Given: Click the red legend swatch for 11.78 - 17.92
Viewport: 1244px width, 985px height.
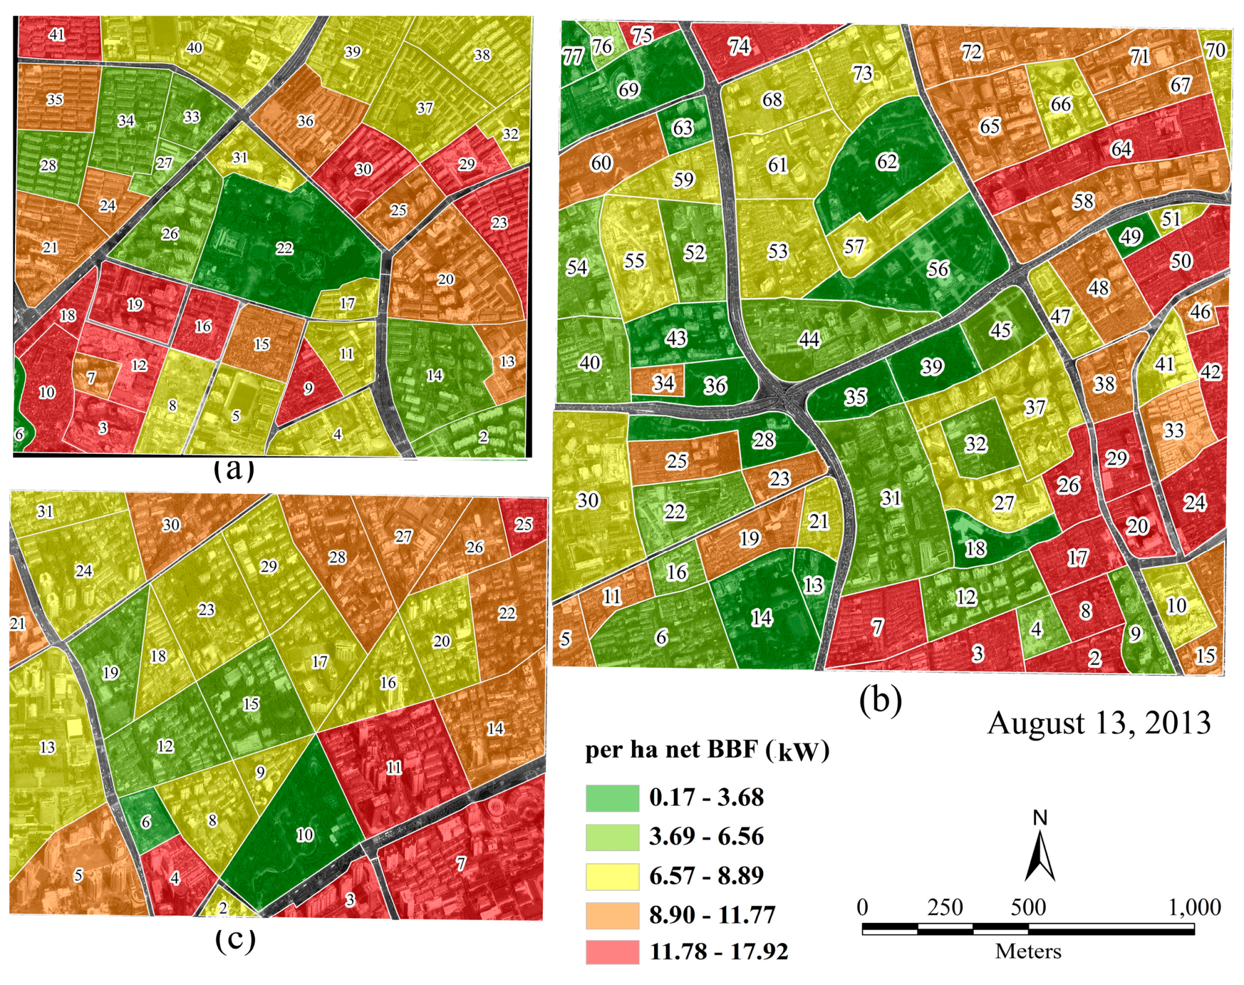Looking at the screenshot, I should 612,952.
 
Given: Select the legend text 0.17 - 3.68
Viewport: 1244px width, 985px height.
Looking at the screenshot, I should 706,797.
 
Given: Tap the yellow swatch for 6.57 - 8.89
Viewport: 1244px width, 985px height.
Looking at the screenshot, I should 612,876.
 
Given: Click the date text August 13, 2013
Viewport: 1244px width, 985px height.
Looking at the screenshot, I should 1098,723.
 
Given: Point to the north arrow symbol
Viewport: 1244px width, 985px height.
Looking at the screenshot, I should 1040,852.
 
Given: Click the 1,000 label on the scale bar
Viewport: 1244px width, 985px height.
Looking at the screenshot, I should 1194,908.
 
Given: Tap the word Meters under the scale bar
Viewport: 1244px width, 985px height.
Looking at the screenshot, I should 1028,952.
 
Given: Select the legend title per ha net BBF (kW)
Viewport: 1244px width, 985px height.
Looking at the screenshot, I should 706,750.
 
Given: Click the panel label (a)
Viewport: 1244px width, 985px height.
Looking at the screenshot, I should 234,469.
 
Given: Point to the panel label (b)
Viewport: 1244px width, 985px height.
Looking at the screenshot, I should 880,700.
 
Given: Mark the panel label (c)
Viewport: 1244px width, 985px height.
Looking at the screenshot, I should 235,940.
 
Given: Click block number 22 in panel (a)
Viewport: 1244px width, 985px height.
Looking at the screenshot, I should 284,249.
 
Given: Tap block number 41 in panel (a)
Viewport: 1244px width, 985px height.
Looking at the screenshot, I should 57,34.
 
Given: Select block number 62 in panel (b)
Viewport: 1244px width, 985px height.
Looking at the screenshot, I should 887,162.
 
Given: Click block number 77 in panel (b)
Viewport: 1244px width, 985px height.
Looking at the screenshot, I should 572,57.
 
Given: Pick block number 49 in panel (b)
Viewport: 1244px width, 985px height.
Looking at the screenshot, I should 1131,236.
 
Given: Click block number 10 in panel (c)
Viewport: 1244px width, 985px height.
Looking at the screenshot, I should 304,834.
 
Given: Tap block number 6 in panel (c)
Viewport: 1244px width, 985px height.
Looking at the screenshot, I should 146,822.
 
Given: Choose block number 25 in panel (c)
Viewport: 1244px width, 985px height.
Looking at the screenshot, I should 523,524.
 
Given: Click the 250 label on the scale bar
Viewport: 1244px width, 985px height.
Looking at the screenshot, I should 945,908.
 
